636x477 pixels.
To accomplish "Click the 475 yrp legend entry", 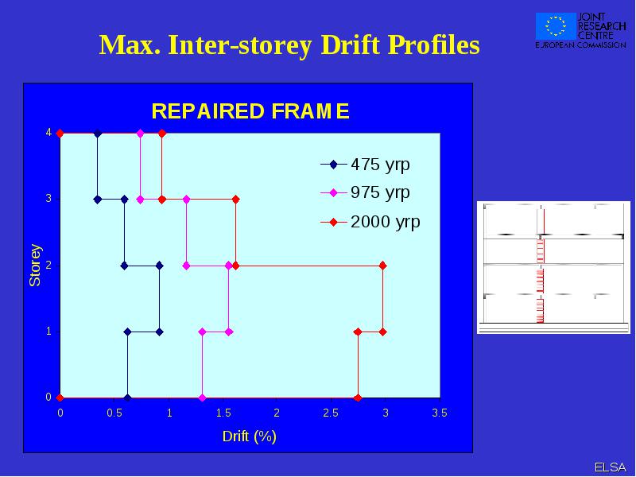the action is (x=365, y=165).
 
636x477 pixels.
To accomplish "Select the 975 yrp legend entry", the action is (x=365, y=192).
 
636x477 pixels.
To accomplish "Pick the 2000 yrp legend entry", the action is (x=370, y=222).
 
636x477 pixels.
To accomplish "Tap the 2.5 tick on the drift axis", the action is (x=331, y=413).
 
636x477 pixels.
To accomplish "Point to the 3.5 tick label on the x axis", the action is (x=440, y=413).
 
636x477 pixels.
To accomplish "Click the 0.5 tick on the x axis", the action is (x=114, y=413).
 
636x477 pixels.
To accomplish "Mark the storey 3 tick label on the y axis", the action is (x=48, y=198).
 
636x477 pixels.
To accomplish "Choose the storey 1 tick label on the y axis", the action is (x=48, y=332).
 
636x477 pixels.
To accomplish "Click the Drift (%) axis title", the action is (x=250, y=436).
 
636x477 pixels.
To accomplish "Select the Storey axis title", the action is (x=35, y=266).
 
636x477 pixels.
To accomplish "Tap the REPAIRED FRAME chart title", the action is (x=250, y=111).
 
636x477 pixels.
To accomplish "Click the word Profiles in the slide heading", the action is (x=433, y=45).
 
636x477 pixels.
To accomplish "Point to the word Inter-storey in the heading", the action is (x=240, y=45).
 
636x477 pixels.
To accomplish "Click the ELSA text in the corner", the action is (x=611, y=467).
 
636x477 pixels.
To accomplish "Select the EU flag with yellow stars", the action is (x=556, y=26).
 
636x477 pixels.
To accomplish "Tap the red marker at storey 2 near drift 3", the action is (x=382, y=266).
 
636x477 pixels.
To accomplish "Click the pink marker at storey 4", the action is (x=141, y=133).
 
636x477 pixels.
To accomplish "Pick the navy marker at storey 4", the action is (x=97, y=133).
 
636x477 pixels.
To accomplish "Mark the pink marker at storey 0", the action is (x=203, y=398).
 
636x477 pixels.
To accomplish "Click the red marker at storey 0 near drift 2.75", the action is (x=357, y=398).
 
